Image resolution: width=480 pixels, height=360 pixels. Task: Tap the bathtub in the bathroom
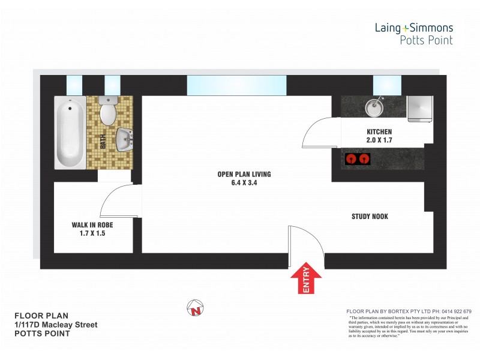pyautogui.click(x=71, y=133)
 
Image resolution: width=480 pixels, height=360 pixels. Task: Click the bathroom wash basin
pyautogui.click(x=125, y=140)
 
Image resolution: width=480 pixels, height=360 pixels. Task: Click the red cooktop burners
pyautogui.click(x=358, y=160)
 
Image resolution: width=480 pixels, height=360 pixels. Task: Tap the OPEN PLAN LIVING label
pyautogui.click(x=244, y=175)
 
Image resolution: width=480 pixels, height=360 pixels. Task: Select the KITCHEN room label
pyautogui.click(x=379, y=132)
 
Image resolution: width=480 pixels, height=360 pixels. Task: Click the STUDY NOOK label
pyautogui.click(x=370, y=216)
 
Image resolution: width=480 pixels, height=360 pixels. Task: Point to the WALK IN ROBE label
pyautogui.click(x=92, y=225)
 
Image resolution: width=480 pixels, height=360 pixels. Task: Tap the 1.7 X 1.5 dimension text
pyautogui.click(x=92, y=233)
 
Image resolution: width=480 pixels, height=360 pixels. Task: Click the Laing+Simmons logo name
pyautogui.click(x=413, y=28)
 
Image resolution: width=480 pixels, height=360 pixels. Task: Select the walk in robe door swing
pyautogui.click(x=118, y=201)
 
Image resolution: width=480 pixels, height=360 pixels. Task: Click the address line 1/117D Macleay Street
pyautogui.click(x=56, y=325)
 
